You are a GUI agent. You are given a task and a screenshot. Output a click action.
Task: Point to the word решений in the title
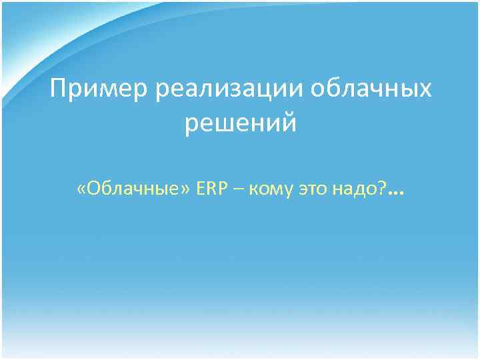point(241,123)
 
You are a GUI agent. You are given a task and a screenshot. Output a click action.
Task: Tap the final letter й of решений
point(288,123)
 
